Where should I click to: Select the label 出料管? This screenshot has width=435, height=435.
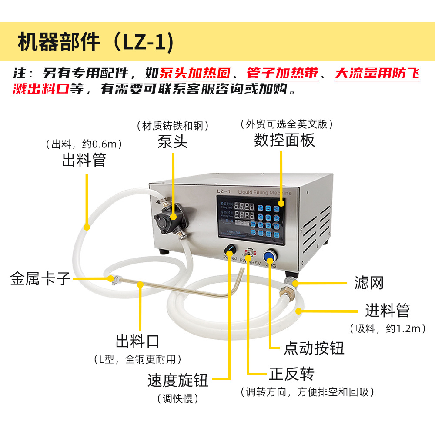click(x=84, y=160)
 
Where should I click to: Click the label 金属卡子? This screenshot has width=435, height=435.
click(x=40, y=278)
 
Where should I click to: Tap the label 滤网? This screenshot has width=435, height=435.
click(x=369, y=283)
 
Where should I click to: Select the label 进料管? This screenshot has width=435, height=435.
click(x=387, y=311)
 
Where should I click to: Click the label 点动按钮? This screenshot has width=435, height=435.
click(x=314, y=348)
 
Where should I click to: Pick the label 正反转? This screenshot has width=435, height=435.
click(x=291, y=374)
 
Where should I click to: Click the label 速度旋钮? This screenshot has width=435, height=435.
click(x=178, y=381)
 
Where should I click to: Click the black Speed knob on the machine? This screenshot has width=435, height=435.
click(x=229, y=251)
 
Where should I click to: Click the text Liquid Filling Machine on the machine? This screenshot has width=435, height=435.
click(x=265, y=192)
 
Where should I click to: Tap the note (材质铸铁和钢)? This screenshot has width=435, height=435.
click(x=173, y=126)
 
